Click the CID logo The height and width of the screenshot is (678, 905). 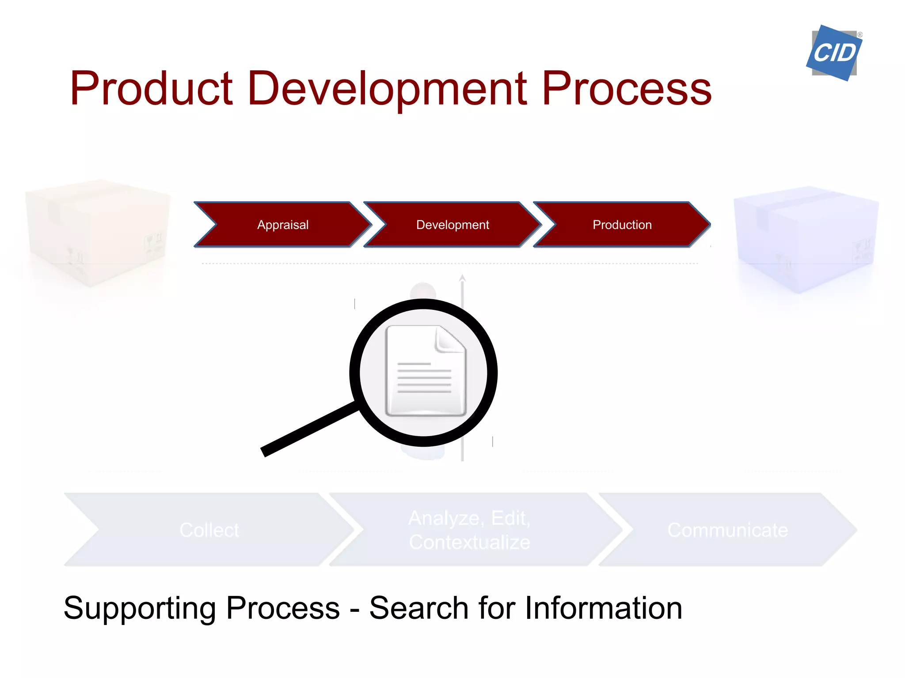[x=834, y=53]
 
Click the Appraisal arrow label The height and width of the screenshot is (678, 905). [x=283, y=225]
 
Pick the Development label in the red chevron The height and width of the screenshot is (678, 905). [x=452, y=225]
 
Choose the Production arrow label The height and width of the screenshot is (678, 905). [x=622, y=225]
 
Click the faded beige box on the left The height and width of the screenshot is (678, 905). [x=97, y=232]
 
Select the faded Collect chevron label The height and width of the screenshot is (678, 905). [x=209, y=530]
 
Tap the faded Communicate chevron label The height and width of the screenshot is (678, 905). [x=727, y=530]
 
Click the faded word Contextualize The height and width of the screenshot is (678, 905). [x=469, y=542]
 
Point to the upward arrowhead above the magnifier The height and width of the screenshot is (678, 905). [x=462, y=278]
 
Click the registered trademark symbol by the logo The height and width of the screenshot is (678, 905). [x=860, y=34]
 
